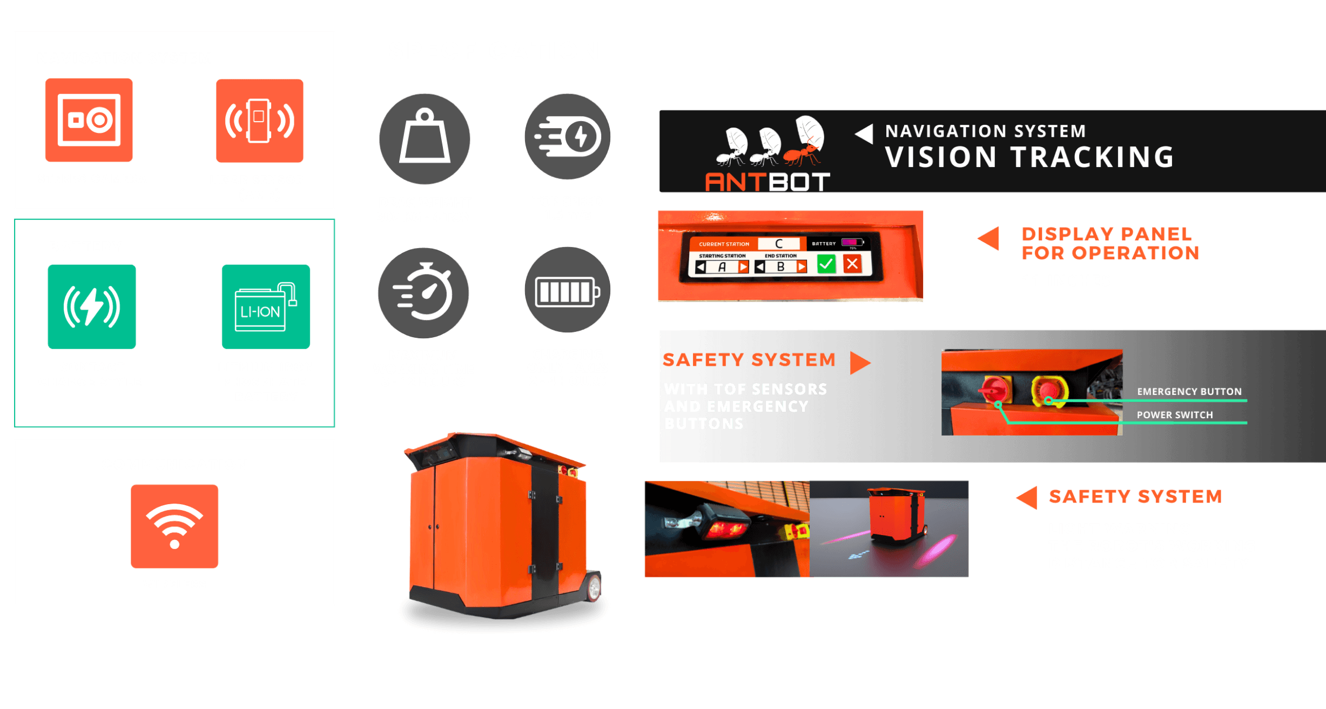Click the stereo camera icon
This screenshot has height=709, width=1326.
point(89,120)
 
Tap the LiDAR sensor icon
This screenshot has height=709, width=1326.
point(260,121)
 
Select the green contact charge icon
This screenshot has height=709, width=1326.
point(92,306)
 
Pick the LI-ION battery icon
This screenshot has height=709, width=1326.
point(266,306)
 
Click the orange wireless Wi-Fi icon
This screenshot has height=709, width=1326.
point(174,526)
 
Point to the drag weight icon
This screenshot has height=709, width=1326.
point(425,138)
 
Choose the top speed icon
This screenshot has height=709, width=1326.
point(568,136)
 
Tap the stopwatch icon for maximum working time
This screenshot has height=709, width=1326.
point(423,293)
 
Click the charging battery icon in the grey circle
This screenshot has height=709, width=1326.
point(568,291)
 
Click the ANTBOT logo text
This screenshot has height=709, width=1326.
point(767,182)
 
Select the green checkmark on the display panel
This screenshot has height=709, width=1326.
point(826,264)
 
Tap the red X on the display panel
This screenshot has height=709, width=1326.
point(852,264)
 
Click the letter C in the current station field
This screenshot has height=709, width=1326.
point(779,244)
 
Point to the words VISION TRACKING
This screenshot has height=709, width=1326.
point(1029,157)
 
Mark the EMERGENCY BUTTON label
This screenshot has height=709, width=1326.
point(1189,391)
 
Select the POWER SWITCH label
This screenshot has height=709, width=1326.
point(1174,414)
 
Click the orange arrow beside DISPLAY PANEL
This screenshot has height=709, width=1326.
point(989,238)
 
